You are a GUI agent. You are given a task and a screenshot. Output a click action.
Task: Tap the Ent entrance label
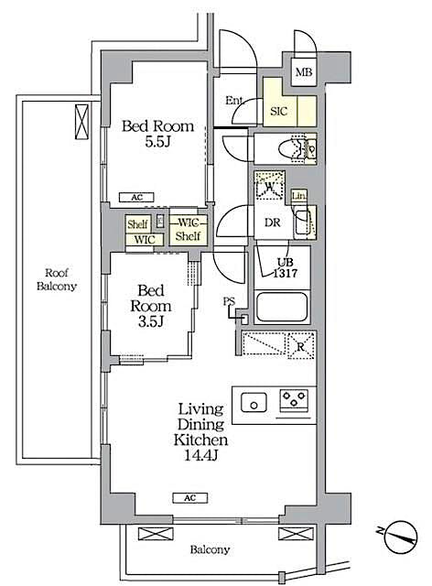tap(233, 101)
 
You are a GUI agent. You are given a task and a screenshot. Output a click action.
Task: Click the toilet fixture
tap(297, 147)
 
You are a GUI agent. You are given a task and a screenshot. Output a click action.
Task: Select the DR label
tap(271, 222)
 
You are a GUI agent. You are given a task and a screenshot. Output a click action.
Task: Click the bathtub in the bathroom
tap(284, 307)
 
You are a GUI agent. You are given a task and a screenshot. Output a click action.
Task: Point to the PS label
tap(227, 301)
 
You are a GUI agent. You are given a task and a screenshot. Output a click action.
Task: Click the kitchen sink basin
tap(252, 399)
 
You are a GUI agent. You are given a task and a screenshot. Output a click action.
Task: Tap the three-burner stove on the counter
tap(294, 399)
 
